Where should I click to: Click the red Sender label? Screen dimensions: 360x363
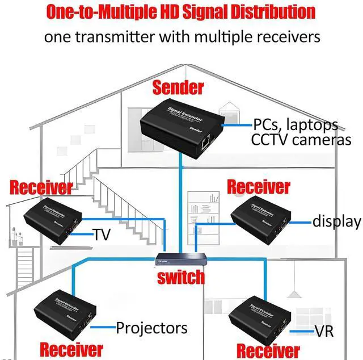pyautogui.click(x=178, y=87)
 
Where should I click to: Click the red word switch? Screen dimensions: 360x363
pyautogui.click(x=181, y=277)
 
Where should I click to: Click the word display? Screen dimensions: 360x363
pyautogui.click(x=337, y=222)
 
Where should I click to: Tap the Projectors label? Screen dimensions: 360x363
pyautogui.click(x=151, y=328)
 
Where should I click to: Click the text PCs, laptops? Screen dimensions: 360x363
pyautogui.click(x=296, y=124)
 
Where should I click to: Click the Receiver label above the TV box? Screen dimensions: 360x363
pyautogui.click(x=41, y=187)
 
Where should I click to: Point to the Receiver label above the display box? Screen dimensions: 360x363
pyautogui.click(x=259, y=186)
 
